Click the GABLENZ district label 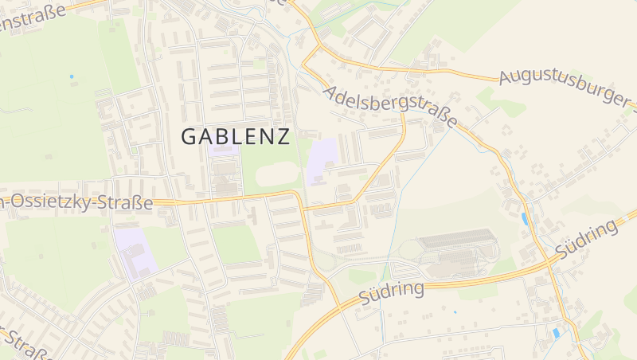235,136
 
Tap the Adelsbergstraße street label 390,107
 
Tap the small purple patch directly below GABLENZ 223,149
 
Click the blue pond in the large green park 71,76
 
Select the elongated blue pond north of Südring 524,218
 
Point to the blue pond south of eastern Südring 556,331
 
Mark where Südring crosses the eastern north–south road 549,263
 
